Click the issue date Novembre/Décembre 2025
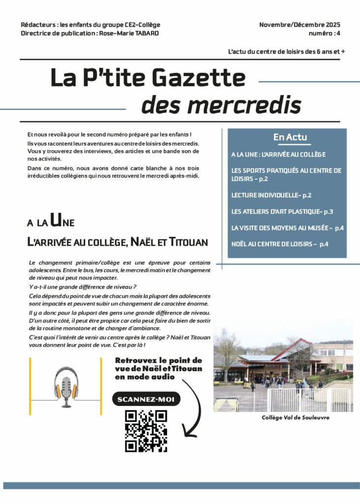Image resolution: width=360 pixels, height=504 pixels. (300, 25)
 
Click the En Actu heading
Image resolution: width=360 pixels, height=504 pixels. (290, 137)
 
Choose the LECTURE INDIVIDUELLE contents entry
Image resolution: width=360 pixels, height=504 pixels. (271, 195)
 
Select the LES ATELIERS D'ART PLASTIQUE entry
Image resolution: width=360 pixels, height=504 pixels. (282, 212)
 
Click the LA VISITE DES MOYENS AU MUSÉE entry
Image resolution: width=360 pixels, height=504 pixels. (287, 228)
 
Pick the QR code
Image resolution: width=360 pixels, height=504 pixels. (146, 431)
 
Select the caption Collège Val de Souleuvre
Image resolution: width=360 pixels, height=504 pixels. (295, 417)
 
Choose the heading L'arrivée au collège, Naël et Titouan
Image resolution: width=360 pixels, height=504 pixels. (118, 242)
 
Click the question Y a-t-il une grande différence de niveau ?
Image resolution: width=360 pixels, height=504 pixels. (82, 286)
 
